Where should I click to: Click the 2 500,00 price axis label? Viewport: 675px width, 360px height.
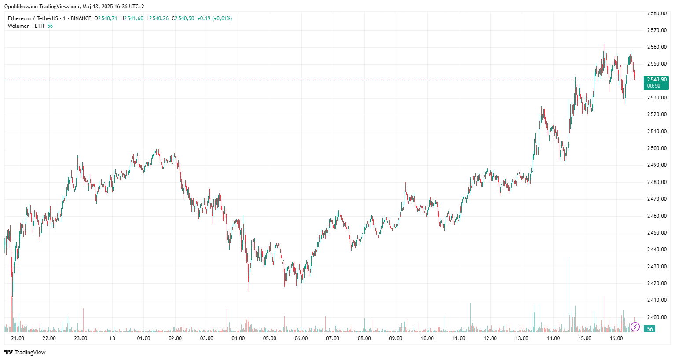point(657,148)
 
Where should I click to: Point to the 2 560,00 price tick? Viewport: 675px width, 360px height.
point(657,47)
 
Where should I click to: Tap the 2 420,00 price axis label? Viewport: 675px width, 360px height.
point(657,283)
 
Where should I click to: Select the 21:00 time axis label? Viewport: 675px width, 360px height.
point(18,338)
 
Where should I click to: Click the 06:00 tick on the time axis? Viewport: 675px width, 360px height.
point(301,338)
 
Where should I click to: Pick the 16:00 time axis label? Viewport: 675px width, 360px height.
point(616,338)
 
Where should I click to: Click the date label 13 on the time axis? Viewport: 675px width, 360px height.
point(112,338)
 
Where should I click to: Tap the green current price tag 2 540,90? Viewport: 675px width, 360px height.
point(656,82)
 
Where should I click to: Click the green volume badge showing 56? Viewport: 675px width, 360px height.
point(649,329)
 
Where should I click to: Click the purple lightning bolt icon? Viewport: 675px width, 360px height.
point(635,327)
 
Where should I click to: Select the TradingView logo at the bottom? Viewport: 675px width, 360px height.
point(25,352)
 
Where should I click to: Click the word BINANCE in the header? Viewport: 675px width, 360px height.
point(81,18)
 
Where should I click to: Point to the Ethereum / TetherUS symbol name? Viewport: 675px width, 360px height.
point(33,18)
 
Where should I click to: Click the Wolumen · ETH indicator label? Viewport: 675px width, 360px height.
point(26,26)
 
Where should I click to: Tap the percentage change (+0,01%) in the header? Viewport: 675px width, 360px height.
point(222,18)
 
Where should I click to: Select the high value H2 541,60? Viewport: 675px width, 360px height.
point(132,18)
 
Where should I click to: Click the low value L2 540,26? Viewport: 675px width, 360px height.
point(158,18)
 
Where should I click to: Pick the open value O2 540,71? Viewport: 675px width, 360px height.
point(106,18)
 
